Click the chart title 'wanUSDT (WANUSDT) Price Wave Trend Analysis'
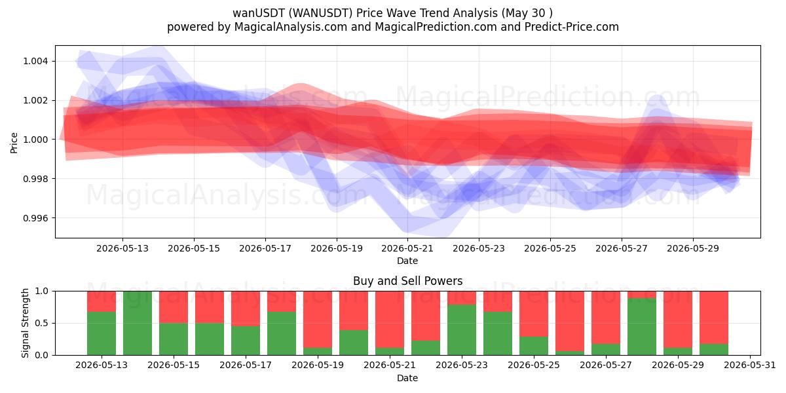(365, 13)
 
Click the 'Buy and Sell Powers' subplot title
(407, 281)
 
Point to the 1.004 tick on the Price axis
(35, 62)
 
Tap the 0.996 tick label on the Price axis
(35, 218)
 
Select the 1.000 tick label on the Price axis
(35, 140)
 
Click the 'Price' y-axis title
(14, 143)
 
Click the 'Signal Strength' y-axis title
(25, 323)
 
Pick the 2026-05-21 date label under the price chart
(407, 248)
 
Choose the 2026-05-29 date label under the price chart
(693, 248)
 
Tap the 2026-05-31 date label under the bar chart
(750, 365)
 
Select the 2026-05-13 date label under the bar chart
(102, 365)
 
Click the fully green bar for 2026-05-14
(138, 323)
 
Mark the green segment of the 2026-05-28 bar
(642, 327)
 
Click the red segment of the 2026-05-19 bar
(318, 320)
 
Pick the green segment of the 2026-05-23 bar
(462, 330)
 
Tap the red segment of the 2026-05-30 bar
(714, 318)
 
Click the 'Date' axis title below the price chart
(407, 261)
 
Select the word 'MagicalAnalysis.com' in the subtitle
(291, 27)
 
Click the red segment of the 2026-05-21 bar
(390, 320)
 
